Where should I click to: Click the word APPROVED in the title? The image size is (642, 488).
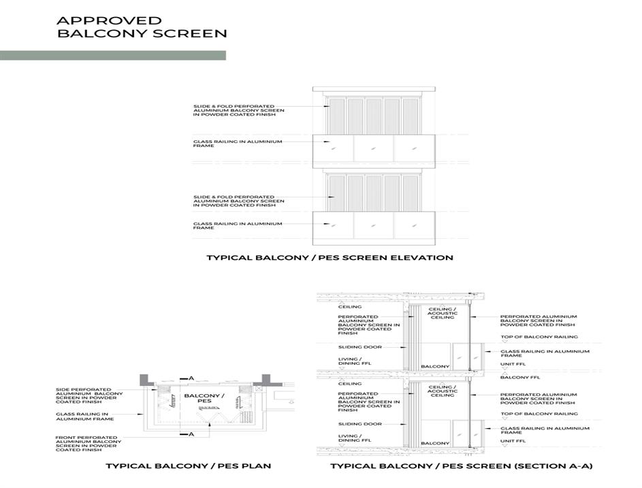click(x=109, y=21)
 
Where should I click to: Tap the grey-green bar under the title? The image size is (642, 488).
click(x=112, y=55)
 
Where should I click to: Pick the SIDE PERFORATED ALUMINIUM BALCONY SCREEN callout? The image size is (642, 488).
click(x=89, y=397)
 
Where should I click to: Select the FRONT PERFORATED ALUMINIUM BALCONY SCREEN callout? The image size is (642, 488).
click(x=89, y=444)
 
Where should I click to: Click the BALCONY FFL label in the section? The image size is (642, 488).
click(x=515, y=376)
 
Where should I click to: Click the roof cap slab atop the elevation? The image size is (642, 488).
click(x=373, y=89)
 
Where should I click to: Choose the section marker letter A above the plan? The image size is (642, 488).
click(x=191, y=378)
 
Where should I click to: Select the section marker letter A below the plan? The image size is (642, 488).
click(x=191, y=434)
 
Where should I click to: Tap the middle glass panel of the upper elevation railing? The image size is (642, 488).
click(x=373, y=150)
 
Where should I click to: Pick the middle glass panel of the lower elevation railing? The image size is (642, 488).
click(x=373, y=227)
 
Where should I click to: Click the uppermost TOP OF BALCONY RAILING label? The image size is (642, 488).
click(x=539, y=337)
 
